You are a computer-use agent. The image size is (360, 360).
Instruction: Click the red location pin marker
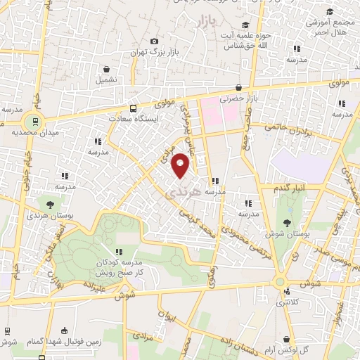click(181, 165)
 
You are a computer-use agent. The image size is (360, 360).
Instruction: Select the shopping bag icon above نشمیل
click(106, 70)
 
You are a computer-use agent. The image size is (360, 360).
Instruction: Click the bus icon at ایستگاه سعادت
click(133, 108)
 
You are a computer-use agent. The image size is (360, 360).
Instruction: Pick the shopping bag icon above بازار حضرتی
click(240, 88)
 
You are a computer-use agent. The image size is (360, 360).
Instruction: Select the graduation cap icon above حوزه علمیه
click(244, 25)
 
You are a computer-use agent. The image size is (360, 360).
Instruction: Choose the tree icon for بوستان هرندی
click(50, 184)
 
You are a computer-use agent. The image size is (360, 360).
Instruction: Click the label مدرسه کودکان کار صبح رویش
click(120, 266)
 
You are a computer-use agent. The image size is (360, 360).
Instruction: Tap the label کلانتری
click(285, 302)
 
